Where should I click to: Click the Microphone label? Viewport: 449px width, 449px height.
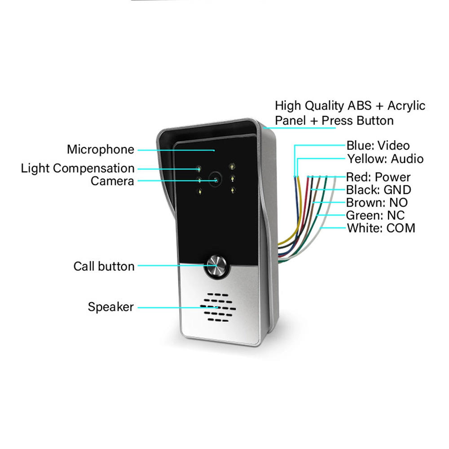click(x=101, y=150)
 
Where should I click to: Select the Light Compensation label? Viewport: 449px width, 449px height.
click(x=78, y=168)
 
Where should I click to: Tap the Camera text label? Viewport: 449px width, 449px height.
click(x=112, y=181)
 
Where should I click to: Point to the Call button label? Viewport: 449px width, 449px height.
click(x=104, y=266)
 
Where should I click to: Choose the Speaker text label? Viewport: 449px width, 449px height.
click(x=110, y=307)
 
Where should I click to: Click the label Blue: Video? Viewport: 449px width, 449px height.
click(x=378, y=145)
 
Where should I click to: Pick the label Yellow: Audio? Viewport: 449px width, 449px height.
click(x=385, y=158)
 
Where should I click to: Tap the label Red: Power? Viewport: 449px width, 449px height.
click(x=378, y=177)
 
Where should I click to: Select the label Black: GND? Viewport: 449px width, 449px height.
click(x=378, y=190)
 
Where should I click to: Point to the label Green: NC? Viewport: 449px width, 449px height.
click(x=375, y=215)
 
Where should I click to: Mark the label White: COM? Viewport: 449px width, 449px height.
click(x=381, y=228)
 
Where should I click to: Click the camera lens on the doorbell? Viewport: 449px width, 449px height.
click(x=216, y=180)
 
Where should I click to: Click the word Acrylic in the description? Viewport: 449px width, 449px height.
click(x=406, y=106)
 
